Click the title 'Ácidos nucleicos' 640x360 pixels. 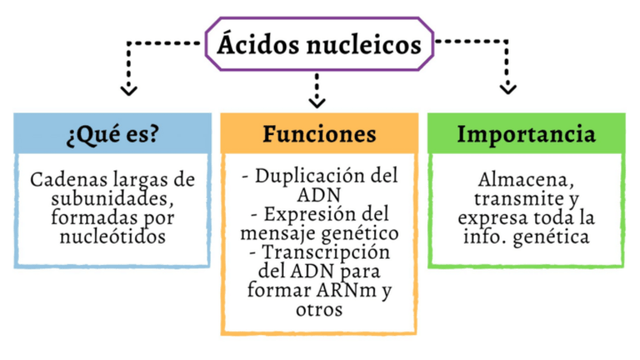319,45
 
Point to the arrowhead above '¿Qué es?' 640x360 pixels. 129,89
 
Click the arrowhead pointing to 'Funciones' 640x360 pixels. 318,100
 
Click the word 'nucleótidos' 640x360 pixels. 112,236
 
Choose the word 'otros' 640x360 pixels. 319,309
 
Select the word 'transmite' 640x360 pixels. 509,199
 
